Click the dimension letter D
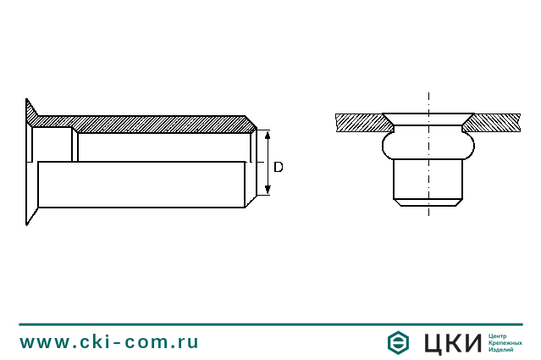[278, 167]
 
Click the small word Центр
[498, 335]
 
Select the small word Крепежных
[505, 342]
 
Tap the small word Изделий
[501, 350]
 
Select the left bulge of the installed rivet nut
[389, 146]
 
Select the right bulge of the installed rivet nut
[466, 146]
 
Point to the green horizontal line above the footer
[270, 324]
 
